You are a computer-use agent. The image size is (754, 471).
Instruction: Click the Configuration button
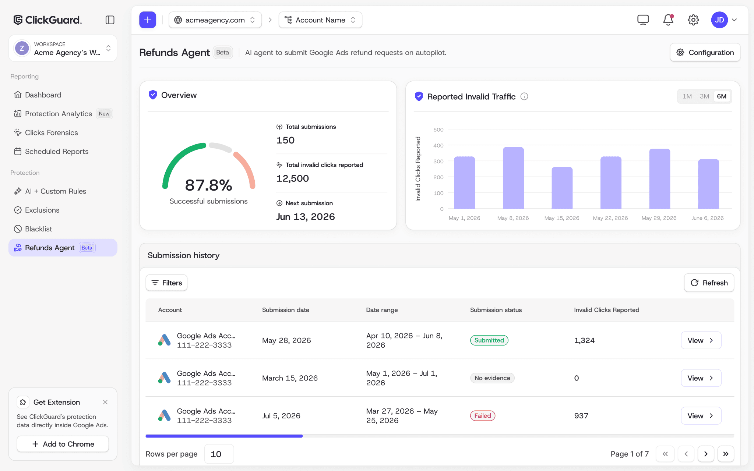[705, 53]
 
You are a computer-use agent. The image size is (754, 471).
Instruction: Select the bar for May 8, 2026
[513, 178]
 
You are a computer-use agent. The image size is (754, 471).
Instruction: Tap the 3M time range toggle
[704, 96]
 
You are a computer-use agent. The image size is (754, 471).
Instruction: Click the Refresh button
[709, 283]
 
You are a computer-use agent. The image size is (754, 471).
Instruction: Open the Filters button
[166, 283]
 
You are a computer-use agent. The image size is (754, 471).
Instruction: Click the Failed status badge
[483, 416]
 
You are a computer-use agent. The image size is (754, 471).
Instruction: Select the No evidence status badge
[492, 378]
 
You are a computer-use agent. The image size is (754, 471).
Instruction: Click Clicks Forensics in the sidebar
[51, 132]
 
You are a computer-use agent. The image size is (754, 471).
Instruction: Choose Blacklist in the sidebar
[38, 229]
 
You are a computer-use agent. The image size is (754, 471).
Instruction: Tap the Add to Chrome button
[63, 444]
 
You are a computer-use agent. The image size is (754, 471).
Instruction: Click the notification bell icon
[668, 20]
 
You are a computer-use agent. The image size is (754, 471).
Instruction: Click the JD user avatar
[719, 20]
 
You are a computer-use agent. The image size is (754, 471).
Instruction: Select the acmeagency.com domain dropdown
[215, 20]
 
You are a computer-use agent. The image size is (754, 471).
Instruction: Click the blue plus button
[148, 20]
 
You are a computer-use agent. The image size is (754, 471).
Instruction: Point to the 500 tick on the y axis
[438, 130]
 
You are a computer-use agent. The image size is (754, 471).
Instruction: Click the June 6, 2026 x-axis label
[708, 218]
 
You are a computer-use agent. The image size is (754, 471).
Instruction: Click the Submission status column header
[496, 310]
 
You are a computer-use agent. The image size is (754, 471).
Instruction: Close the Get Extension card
[105, 402]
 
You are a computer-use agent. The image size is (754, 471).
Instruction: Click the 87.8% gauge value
[208, 185]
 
